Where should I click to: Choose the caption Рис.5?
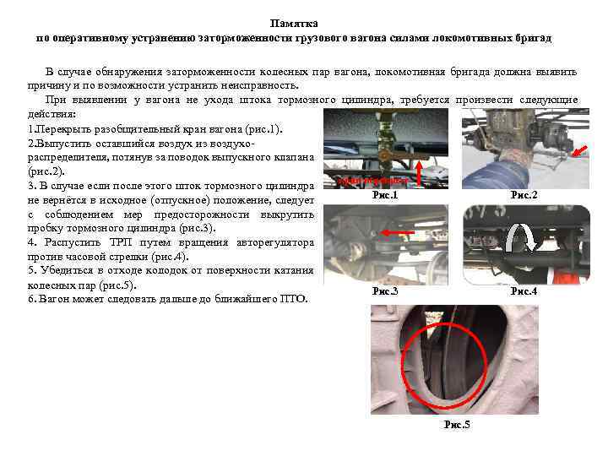(x=457, y=424)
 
